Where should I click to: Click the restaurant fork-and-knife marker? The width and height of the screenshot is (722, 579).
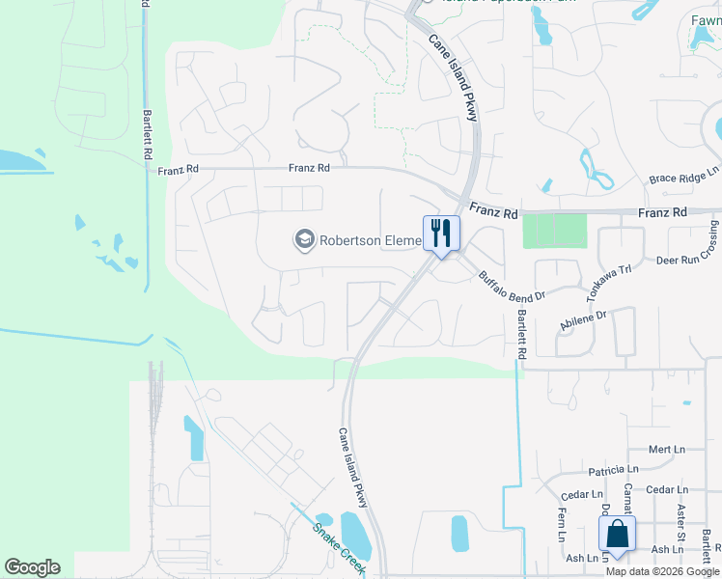(x=441, y=234)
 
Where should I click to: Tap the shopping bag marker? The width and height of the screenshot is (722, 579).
(x=617, y=535)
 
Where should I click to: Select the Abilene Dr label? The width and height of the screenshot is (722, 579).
(x=582, y=321)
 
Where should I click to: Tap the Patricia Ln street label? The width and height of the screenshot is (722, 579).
(x=613, y=470)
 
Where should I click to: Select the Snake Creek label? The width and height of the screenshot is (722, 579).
(x=340, y=549)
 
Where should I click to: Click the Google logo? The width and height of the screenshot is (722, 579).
(x=32, y=567)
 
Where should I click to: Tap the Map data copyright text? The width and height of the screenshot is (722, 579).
(x=662, y=571)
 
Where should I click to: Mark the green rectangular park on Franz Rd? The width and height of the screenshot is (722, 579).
(x=554, y=231)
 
